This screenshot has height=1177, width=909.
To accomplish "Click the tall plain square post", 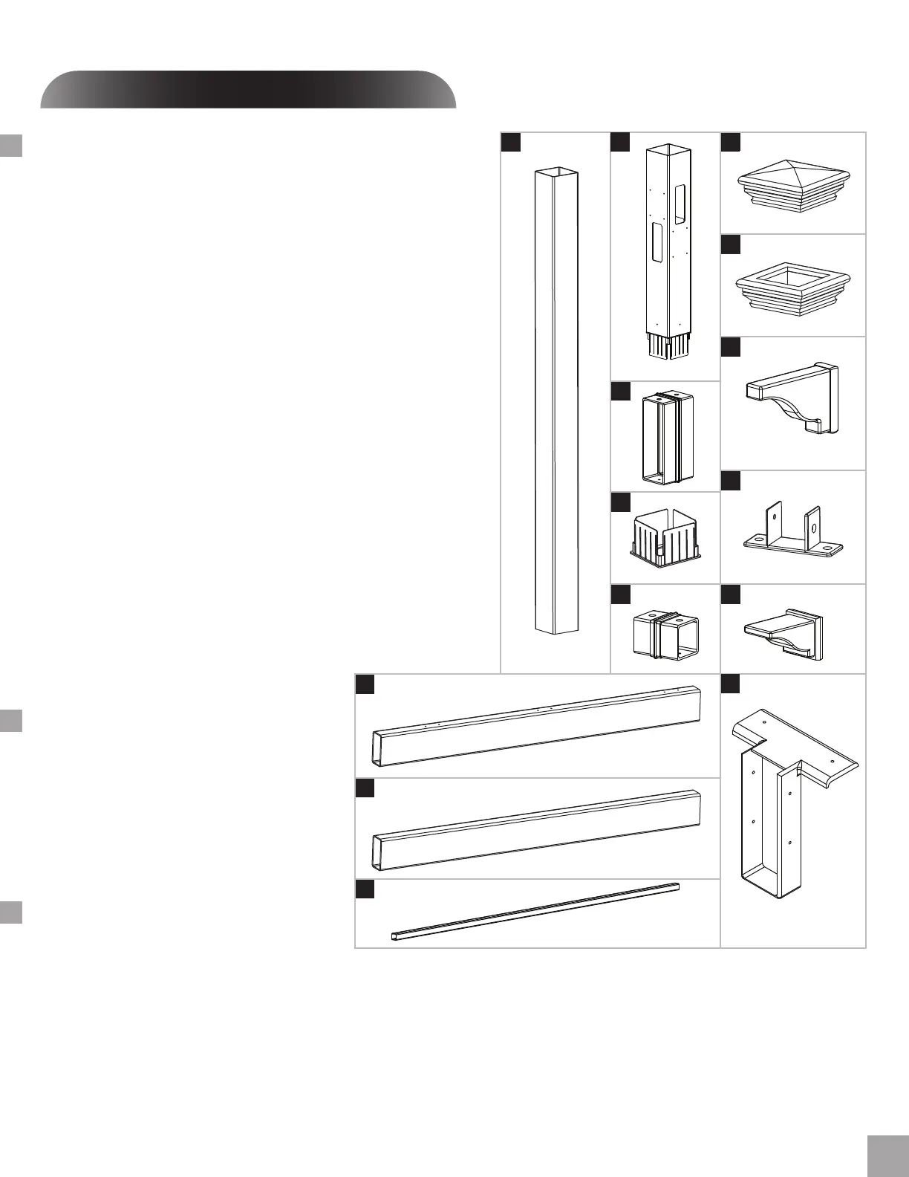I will [556, 401].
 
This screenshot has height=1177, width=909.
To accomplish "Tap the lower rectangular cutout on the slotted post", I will [656, 241].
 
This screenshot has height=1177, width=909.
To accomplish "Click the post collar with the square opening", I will [792, 287].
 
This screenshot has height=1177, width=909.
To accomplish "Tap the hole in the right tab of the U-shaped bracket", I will [813, 528].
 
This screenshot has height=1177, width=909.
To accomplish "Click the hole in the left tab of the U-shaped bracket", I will [774, 515].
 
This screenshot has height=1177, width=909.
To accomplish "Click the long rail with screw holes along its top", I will [537, 724].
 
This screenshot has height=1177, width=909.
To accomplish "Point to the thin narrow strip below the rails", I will [535, 911].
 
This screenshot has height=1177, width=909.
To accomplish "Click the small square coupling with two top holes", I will [666, 633].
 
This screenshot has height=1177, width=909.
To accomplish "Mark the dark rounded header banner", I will [248, 90].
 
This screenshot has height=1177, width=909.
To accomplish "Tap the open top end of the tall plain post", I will [556, 174].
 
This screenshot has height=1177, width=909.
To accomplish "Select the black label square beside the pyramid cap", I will [731, 142].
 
